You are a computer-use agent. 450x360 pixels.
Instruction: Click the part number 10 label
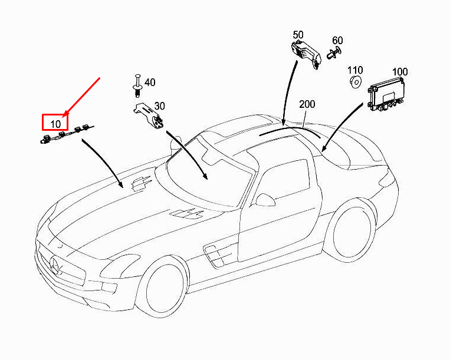click(x=55, y=123)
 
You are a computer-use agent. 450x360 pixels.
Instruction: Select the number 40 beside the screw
click(x=150, y=82)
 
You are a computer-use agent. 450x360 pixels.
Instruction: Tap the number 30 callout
click(x=159, y=106)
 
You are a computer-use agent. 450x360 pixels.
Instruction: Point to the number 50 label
click(x=298, y=35)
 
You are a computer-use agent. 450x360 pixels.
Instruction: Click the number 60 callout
click(x=337, y=41)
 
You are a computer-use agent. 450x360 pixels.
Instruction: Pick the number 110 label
click(x=355, y=70)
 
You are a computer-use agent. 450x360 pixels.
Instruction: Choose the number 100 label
click(x=400, y=72)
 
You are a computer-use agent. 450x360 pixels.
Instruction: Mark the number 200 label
click(x=307, y=104)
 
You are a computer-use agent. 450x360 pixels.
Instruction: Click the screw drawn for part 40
click(x=137, y=86)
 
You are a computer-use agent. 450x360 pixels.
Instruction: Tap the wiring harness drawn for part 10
click(x=65, y=136)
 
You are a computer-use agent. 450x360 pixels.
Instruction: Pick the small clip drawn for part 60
click(x=331, y=56)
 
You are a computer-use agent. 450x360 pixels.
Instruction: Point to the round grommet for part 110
click(x=355, y=81)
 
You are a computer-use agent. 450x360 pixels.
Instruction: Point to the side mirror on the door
click(x=267, y=199)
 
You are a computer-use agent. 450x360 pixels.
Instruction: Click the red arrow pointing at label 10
click(x=83, y=95)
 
